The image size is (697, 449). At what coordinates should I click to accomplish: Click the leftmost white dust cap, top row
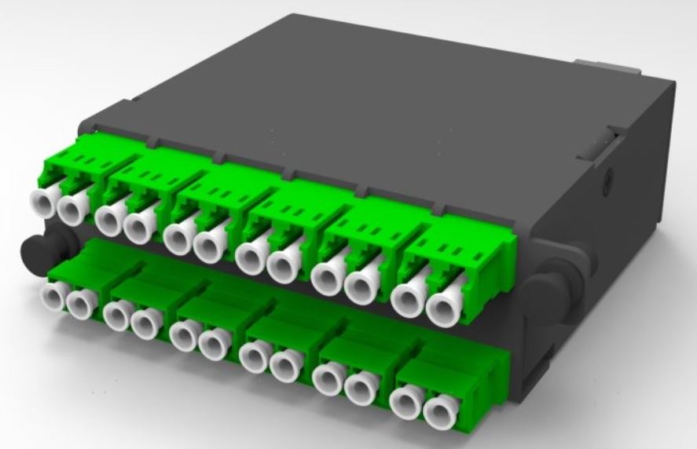pos(44,204)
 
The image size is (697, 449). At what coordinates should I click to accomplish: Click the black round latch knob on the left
pos(33,250)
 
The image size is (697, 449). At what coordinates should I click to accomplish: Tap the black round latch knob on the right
pos(541,283)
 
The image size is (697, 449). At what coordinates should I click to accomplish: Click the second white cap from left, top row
pos(74,207)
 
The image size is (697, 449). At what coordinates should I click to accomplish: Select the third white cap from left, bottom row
pos(117,316)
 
